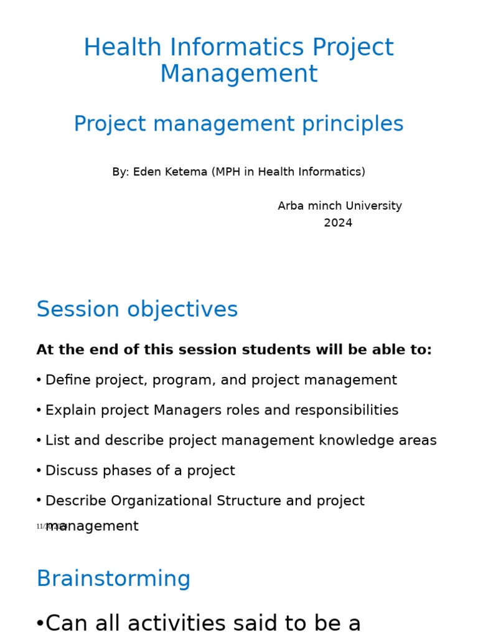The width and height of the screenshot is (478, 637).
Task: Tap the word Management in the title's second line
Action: click(x=239, y=74)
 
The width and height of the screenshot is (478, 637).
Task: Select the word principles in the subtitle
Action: click(x=353, y=124)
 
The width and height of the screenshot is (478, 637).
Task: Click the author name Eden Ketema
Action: click(x=170, y=172)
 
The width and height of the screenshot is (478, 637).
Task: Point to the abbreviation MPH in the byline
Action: click(x=228, y=172)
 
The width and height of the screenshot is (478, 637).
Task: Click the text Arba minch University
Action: click(x=340, y=206)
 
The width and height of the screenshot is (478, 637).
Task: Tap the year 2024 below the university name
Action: click(x=338, y=223)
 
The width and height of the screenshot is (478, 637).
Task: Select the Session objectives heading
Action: click(x=137, y=310)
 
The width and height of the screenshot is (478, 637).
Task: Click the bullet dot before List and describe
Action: click(x=39, y=441)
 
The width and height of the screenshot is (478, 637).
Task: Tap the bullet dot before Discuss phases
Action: click(x=39, y=471)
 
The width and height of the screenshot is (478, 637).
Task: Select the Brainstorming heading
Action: click(x=113, y=579)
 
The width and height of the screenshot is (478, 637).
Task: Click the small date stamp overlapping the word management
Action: click(x=51, y=527)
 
